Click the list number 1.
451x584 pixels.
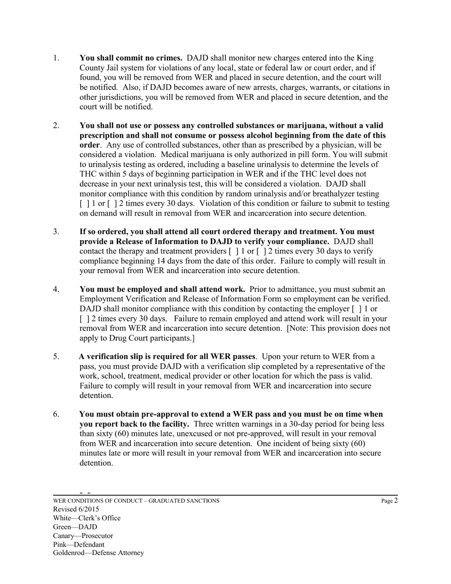(x=56, y=58)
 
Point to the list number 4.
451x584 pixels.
(x=56, y=289)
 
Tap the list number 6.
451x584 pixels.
(x=56, y=414)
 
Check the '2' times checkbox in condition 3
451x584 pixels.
(x=261, y=251)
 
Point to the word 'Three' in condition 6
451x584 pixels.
(x=205, y=424)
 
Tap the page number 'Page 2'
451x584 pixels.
(x=389, y=500)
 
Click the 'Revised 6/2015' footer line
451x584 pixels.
(x=76, y=509)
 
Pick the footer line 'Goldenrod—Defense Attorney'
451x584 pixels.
(x=98, y=553)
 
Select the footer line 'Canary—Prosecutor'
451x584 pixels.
(x=83, y=536)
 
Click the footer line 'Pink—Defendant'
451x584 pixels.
(x=79, y=545)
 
